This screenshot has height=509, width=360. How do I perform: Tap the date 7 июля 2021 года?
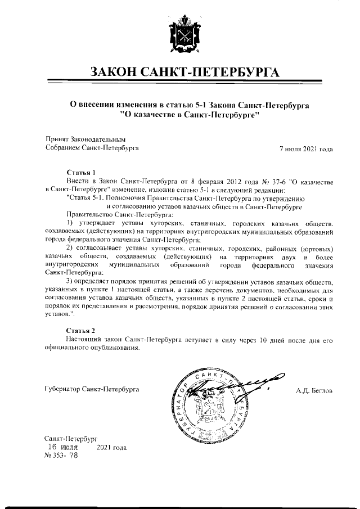(306, 149)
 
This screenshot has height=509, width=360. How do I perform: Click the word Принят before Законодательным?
(56, 139)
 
